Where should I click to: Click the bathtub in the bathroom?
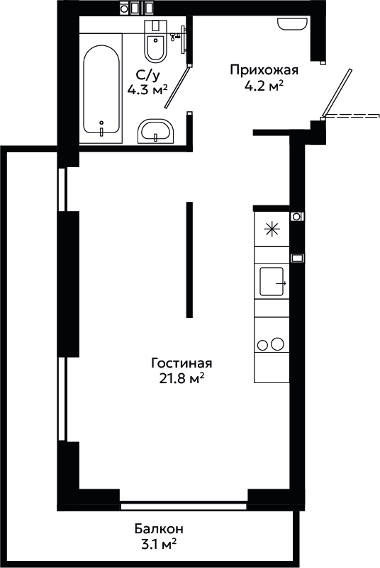101,89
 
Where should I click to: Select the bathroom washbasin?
156,131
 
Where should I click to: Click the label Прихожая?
264,70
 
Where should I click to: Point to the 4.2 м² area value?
264,86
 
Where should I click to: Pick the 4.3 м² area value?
147,89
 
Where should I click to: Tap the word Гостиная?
181,363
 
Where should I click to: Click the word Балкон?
159,529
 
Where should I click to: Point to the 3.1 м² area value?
160,544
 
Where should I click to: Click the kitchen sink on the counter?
272,281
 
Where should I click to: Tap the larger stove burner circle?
278,343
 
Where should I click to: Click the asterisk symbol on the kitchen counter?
272,229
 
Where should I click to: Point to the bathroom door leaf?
177,86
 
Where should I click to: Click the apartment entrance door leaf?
337,93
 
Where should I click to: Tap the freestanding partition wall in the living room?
189,260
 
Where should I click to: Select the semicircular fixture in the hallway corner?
292,24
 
